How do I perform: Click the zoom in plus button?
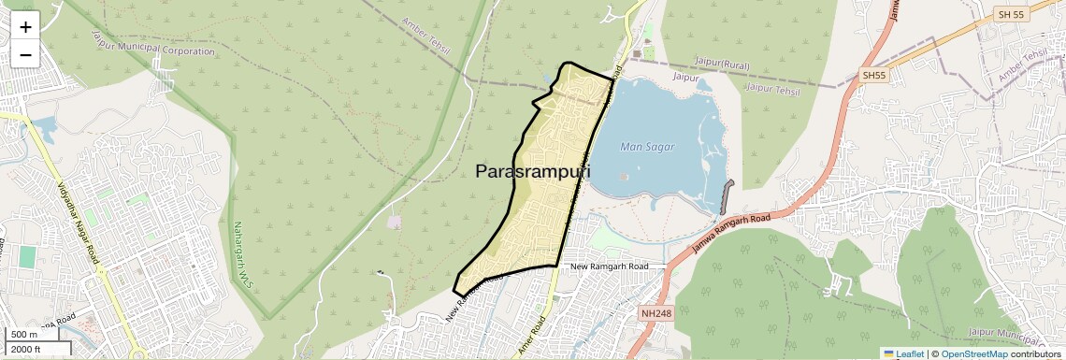pos(25,27)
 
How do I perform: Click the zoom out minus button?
pos(25,54)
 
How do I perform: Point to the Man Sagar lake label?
pos(647,147)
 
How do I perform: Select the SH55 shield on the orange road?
pos(873,75)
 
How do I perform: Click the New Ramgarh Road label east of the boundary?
pos(609,266)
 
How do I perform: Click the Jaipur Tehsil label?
pos(772,90)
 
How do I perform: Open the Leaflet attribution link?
pos(904,353)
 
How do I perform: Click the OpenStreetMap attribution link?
pos(973,353)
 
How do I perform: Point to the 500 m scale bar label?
pos(23,335)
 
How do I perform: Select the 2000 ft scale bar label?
pos(27,349)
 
